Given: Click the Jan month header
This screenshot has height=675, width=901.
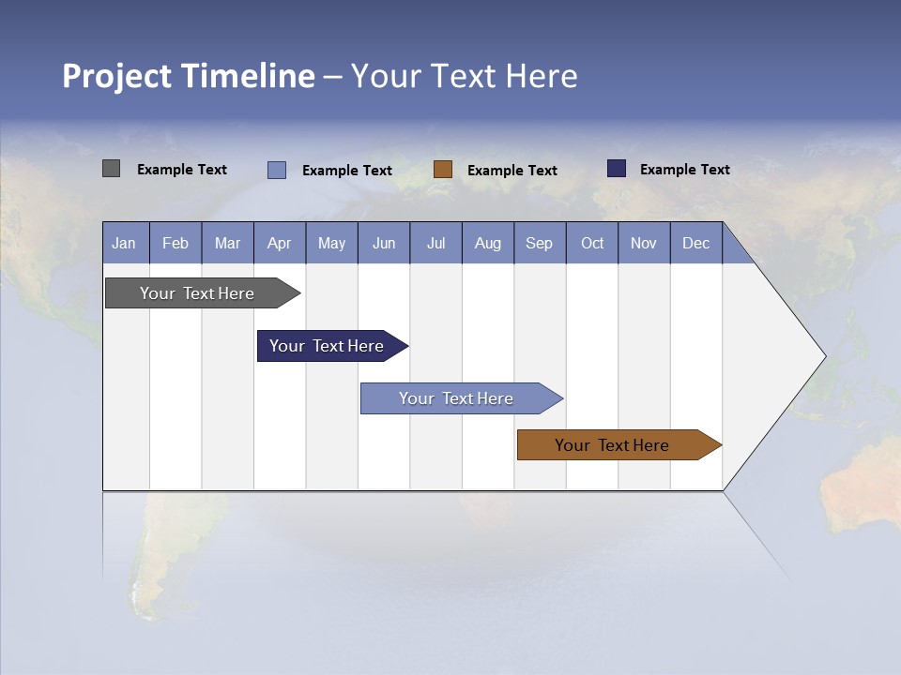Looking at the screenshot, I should coord(124,243).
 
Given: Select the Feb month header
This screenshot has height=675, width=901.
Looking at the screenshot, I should coord(176,243).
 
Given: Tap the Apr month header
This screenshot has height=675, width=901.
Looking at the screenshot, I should coord(279,243).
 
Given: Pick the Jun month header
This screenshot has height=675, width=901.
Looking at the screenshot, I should coord(384,243).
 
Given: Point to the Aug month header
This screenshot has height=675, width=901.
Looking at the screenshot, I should coord(487,243).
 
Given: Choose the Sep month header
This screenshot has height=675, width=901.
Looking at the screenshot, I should coord(539,243).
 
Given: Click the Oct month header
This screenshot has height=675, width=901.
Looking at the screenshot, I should coord(592,243).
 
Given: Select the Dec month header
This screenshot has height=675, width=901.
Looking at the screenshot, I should coord(695,243).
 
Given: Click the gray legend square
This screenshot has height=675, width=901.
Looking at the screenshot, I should coord(111,169).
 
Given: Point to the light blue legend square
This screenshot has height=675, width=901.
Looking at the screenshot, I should coord(277,170).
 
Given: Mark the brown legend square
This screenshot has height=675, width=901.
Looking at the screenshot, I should coord(443,170).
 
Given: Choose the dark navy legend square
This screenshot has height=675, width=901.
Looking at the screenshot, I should coord(617,169).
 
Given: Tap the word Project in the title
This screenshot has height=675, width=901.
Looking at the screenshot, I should coord(116,76).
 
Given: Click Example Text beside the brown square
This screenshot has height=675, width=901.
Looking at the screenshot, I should coord(512,171).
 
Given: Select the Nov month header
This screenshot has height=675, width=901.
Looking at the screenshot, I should coord(643,243).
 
